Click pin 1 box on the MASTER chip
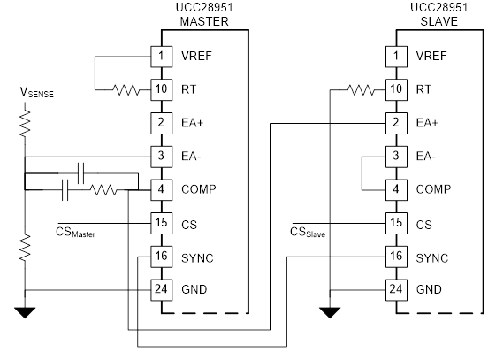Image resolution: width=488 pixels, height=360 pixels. pos(162,57)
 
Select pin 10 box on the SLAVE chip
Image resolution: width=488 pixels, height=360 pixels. pos(396,89)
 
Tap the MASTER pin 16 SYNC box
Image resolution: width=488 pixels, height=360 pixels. pos(162,257)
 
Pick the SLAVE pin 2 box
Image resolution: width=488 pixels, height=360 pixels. pos(396,123)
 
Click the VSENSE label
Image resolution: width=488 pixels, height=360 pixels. pos(37,93)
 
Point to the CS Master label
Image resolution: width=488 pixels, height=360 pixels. pos(76,233)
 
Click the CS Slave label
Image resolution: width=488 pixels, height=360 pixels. pos(308,233)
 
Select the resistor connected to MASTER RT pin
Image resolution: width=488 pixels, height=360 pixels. pos(126,89)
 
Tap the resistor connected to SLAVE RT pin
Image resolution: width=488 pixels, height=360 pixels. pos(361,89)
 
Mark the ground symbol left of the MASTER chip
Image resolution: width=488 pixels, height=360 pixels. pos(25,312)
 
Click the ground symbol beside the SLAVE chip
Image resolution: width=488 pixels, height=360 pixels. pos(330,312)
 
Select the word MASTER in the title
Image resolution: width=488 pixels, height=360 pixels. pos(204,21)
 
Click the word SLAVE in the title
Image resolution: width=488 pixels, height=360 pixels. pos(438,21)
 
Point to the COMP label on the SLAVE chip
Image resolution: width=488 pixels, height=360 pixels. pos(433,189)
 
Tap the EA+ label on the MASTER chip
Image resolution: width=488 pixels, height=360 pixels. pos(193,123)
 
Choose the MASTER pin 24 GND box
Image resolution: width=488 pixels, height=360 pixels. pos(162,290)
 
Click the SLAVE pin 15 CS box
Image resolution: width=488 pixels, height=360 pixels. pos(396,223)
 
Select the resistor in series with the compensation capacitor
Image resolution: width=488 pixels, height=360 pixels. pos(103,189)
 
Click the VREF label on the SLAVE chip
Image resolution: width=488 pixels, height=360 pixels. pos(431,56)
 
